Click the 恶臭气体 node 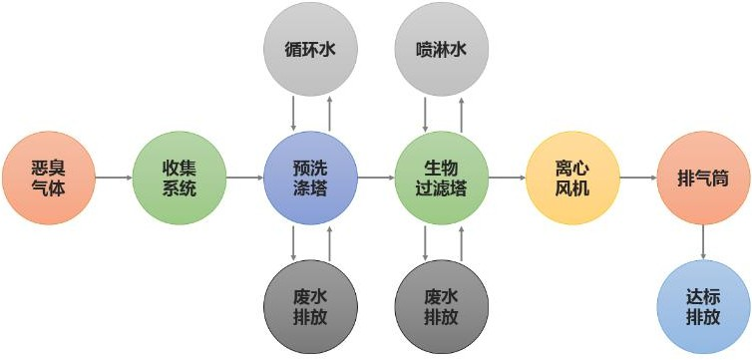48,178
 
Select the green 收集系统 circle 180,178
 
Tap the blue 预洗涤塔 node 310,178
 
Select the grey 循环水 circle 310,47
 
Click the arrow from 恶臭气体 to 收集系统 114,178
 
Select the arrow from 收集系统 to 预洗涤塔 244,178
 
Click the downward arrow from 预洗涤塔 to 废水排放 293,242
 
